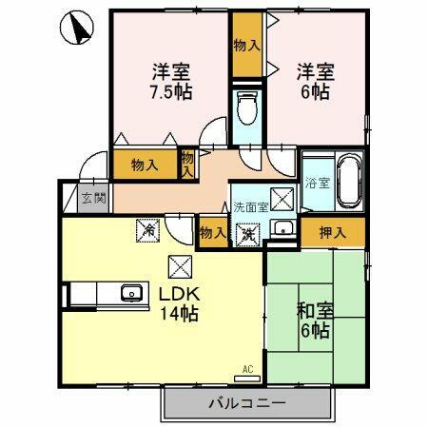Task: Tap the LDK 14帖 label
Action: point(178,303)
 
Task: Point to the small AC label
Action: point(247,368)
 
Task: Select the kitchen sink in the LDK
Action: point(131,294)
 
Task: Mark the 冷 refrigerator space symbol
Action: point(146,229)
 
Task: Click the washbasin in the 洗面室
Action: point(282,227)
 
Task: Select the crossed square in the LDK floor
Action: point(179,267)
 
